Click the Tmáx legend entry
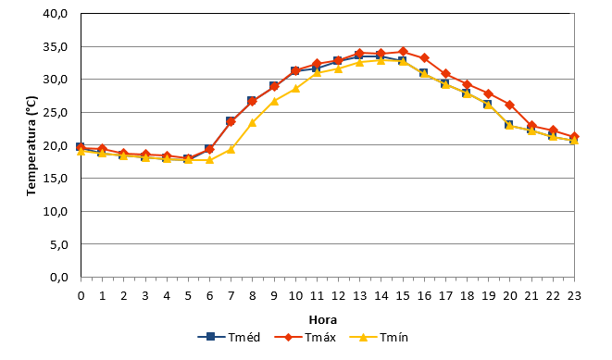306,337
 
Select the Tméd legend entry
229,337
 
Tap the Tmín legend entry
379,337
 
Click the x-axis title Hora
323,320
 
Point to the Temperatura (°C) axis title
31,146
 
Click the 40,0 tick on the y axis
55,14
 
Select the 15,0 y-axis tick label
55,179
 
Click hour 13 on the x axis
359,296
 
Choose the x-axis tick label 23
574,296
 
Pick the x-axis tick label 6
209,296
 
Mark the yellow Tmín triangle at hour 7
231,149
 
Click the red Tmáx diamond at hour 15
403,52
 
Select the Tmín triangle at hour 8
252,123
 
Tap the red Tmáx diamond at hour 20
510,105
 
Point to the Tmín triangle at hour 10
295,89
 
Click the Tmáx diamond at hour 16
424,58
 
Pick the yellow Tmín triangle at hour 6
209,159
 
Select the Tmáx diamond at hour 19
488,94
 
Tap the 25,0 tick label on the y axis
55,112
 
